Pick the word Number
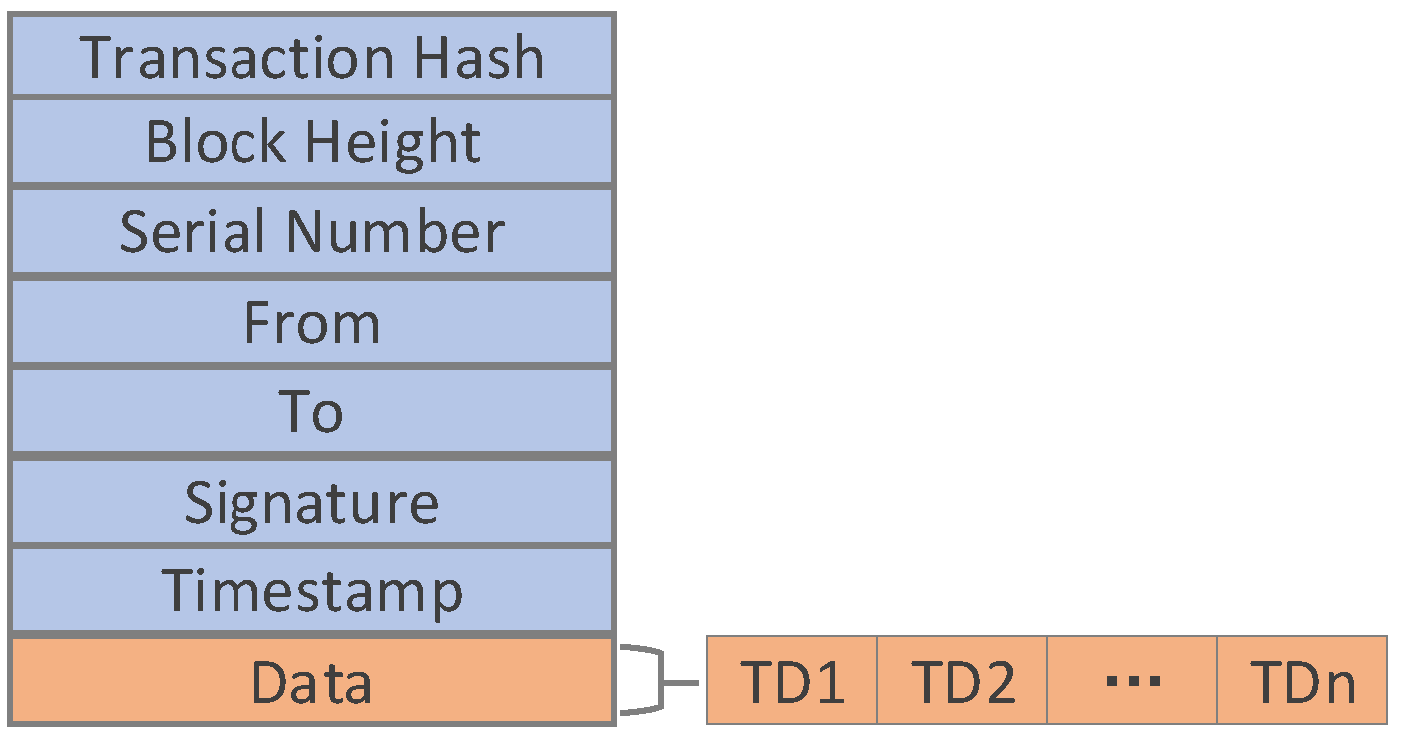(394, 231)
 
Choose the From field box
(311, 323)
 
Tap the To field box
(311, 412)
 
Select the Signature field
(311, 502)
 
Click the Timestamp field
(311, 590)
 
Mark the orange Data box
(311, 682)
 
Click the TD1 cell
(792, 682)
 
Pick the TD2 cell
(962, 682)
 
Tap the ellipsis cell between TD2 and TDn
(1133, 682)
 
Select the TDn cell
(1302, 682)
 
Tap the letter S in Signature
(200, 501)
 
